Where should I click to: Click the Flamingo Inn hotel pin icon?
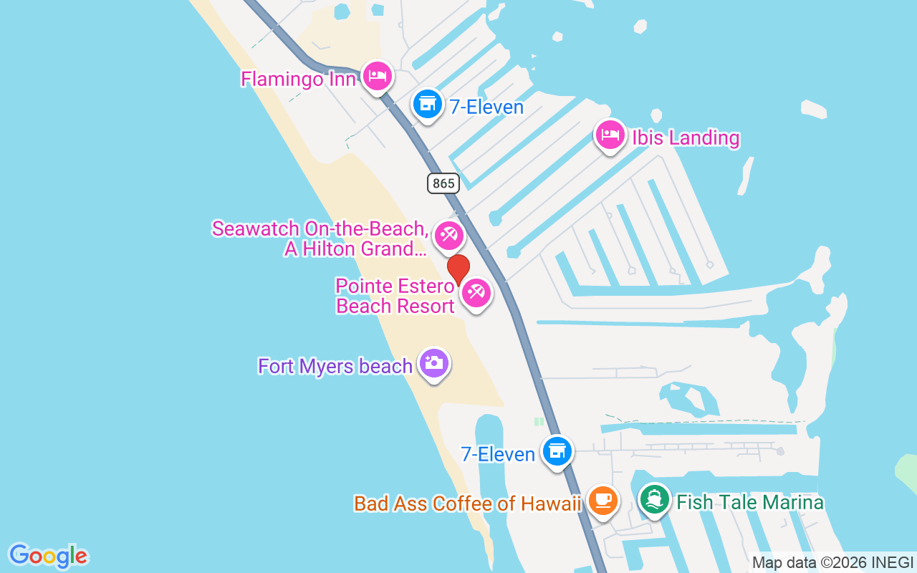click(x=377, y=76)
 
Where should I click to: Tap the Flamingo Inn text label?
click(x=298, y=78)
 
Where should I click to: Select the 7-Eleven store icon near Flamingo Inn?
click(x=428, y=105)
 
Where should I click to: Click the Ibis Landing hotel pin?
click(x=610, y=135)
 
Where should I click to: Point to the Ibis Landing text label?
click(x=685, y=138)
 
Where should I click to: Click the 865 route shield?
click(x=443, y=183)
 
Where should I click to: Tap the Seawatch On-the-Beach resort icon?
click(x=449, y=235)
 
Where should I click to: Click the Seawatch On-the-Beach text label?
click(x=320, y=239)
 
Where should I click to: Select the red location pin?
click(x=458, y=269)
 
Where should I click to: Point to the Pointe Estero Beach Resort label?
click(x=395, y=296)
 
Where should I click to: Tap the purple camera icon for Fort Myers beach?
click(x=433, y=364)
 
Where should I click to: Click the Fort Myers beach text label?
click(x=335, y=366)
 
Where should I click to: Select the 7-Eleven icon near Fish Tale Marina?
click(x=557, y=451)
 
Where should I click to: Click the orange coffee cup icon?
click(x=603, y=501)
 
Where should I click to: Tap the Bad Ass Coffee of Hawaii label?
click(x=467, y=504)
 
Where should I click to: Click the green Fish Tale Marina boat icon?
click(x=654, y=499)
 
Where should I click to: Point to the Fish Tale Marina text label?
click(x=749, y=502)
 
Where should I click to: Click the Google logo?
click(x=48, y=555)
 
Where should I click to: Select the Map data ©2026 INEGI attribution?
click(x=832, y=562)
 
